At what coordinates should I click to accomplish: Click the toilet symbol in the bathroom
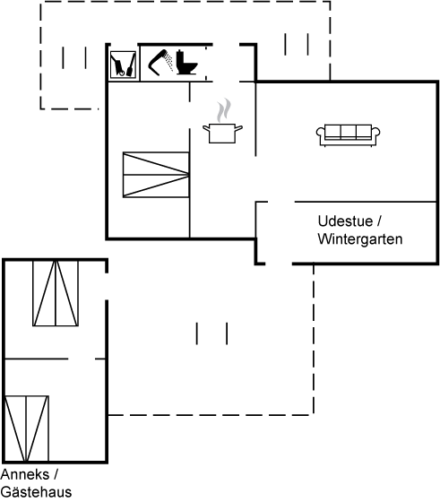(x=186, y=63)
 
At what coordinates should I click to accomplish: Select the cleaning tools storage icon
(x=123, y=65)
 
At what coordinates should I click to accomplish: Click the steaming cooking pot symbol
(x=223, y=121)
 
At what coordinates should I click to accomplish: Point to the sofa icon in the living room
(x=349, y=135)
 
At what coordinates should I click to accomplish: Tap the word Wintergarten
(x=360, y=239)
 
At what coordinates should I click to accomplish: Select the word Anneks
(x=25, y=474)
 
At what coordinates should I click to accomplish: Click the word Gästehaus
(x=36, y=492)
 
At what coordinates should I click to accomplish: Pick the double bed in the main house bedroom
(x=156, y=175)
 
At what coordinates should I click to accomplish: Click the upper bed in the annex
(x=56, y=293)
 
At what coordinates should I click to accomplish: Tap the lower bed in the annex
(x=26, y=428)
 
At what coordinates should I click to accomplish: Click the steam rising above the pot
(x=224, y=110)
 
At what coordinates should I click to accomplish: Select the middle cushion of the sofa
(x=349, y=131)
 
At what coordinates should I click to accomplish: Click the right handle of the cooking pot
(x=238, y=129)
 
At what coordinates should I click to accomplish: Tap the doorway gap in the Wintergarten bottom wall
(x=279, y=264)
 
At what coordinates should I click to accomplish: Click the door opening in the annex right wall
(x=107, y=287)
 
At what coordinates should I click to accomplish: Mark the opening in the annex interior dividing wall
(x=82, y=359)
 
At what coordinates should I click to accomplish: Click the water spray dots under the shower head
(x=169, y=63)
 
